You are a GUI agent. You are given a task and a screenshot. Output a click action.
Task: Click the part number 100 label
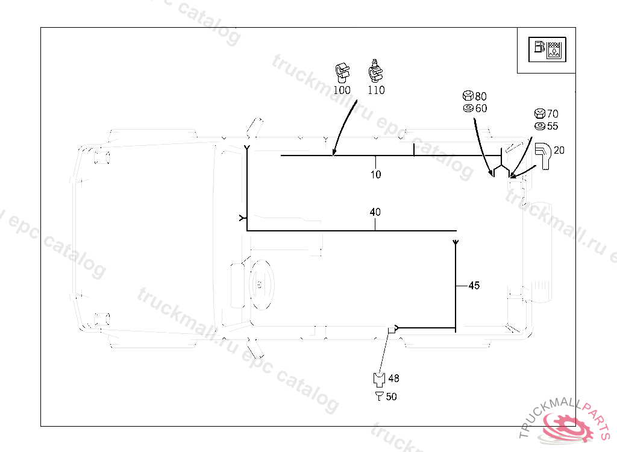coord(342,90)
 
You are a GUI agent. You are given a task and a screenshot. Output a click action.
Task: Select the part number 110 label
coord(376,90)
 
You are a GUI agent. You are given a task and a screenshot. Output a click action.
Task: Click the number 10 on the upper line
coord(375,175)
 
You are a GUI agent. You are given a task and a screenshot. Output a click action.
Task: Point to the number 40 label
coord(375,212)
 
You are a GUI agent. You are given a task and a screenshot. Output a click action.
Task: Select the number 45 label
coord(474,286)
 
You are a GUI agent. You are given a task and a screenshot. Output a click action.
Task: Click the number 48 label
coord(393,378)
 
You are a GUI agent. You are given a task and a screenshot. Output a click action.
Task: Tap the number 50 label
coord(392,397)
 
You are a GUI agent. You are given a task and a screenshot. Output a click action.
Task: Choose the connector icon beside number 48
coord(378,380)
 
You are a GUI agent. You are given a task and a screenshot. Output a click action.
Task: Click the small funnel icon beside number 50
coord(379,396)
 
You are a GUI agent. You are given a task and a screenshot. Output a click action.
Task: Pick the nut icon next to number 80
coord(467,96)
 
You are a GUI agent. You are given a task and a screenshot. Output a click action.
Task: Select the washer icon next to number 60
coord(467,108)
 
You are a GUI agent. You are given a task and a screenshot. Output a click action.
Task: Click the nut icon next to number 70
coord(540,113)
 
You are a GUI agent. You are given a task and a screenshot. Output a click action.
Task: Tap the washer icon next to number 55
coord(540,126)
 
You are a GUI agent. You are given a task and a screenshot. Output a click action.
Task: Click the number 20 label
coord(559,150)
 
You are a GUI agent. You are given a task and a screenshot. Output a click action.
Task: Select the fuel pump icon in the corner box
coord(537,49)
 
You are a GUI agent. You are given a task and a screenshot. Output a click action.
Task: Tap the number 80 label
coord(481,96)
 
